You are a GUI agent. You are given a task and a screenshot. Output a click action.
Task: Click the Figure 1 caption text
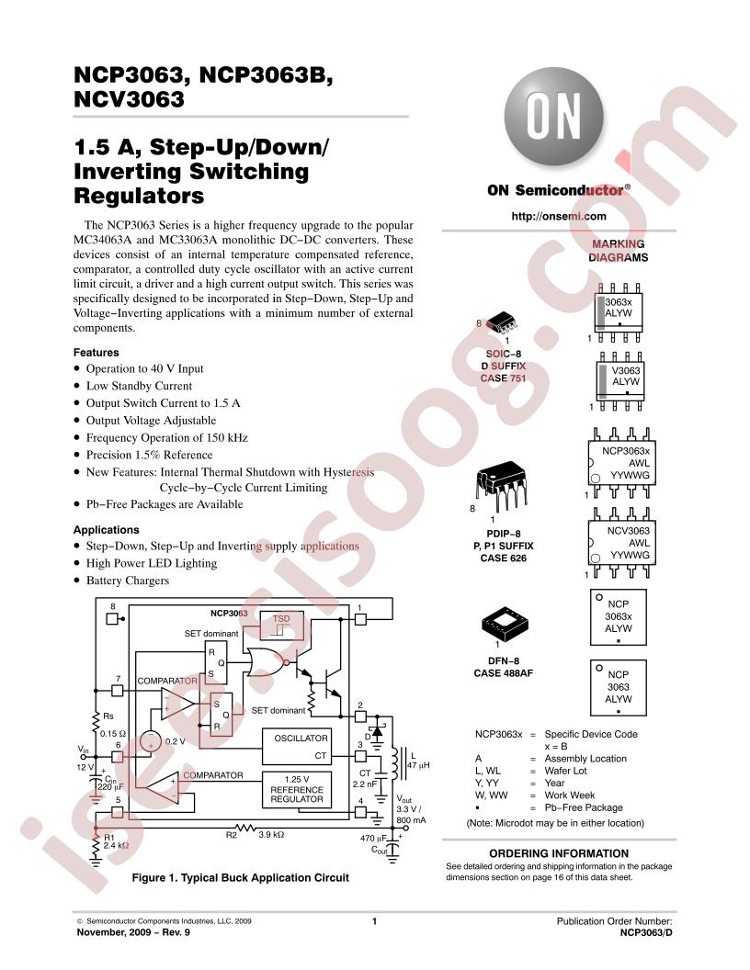pos(241,878)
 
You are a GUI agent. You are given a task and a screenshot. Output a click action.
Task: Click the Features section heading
pos(96,353)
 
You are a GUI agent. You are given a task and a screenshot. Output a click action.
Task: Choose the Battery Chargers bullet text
pos(128,581)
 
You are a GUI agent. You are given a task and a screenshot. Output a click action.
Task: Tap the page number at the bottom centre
pos(375,921)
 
